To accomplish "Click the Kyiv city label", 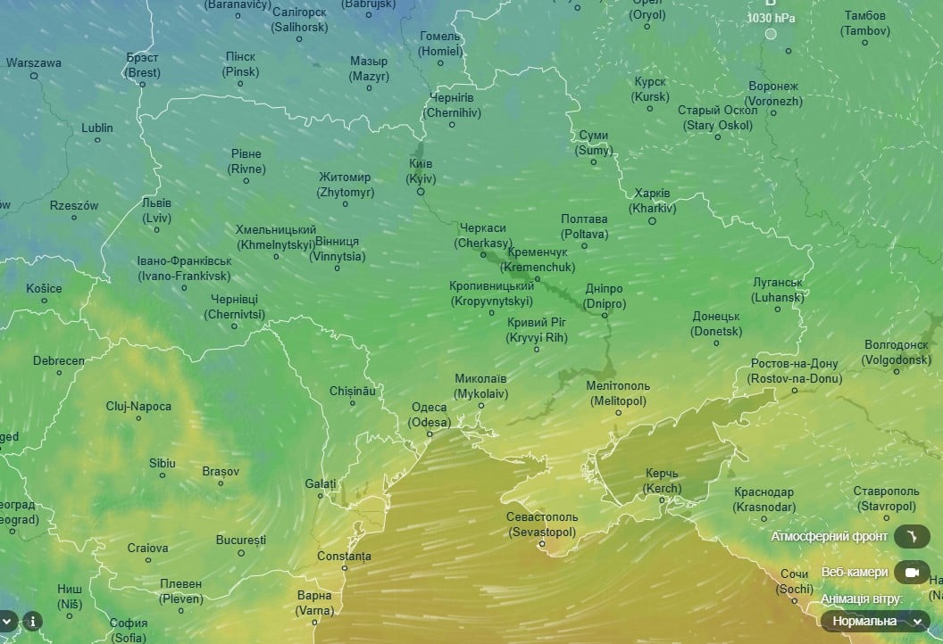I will tap(421, 171).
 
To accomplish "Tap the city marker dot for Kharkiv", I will tap(652, 220).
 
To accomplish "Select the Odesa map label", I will tap(429, 415).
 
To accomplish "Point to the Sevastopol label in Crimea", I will tap(542, 524).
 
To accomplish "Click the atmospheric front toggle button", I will tap(917, 536).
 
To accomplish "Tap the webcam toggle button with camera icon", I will tap(911, 572).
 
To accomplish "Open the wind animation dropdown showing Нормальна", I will tap(875, 621).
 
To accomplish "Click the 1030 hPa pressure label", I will tap(771, 18).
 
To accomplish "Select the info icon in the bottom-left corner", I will tap(32, 621).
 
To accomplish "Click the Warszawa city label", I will tap(34, 63).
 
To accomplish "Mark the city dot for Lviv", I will tap(157, 229).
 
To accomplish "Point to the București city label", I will tap(241, 541).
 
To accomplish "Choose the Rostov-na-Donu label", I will tap(794, 371).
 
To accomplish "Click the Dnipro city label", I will tap(605, 296).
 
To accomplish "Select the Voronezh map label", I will tap(773, 94).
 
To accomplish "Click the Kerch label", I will tap(662, 482).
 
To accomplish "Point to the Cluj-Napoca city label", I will tap(138, 407).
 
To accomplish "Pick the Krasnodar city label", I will tap(764, 500).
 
